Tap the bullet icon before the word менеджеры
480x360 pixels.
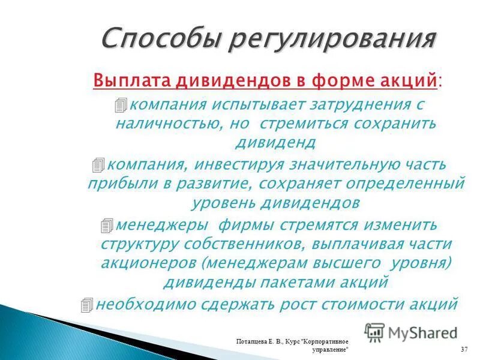107,225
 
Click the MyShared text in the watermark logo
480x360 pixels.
422,332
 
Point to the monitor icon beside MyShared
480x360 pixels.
374,332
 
